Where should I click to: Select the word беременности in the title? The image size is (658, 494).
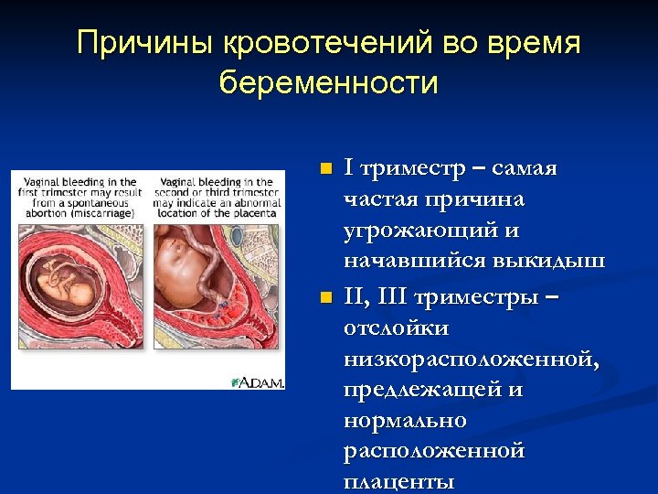329,83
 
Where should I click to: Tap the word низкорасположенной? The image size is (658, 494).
472,359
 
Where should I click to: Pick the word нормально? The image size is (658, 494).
405,421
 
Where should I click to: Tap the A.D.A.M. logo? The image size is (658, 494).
260,381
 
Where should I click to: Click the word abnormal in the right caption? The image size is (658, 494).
259,202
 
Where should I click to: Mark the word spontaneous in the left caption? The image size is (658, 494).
100,202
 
